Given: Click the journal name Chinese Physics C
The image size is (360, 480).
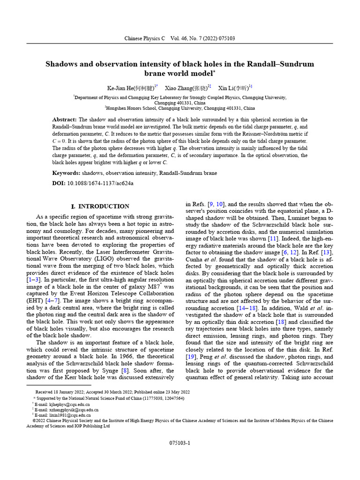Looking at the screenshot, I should tap(144, 38).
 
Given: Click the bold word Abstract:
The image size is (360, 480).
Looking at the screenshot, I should tap(65, 120).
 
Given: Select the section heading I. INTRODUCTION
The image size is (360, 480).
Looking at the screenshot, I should tap(100, 206).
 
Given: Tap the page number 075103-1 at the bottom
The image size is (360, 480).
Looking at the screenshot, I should tap(180, 443).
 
